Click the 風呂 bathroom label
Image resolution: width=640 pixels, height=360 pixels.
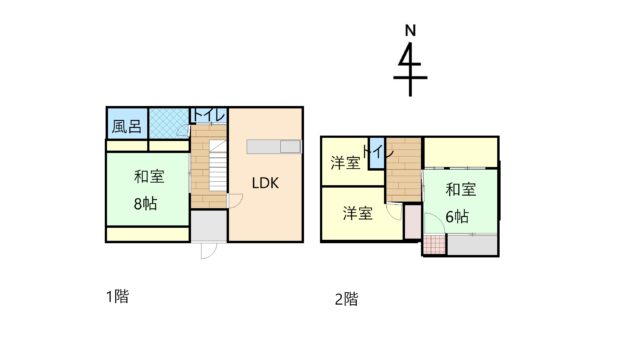pos(127,126)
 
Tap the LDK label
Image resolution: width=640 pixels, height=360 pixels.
pos(265,183)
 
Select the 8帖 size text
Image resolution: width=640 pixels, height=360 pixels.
pos(145,203)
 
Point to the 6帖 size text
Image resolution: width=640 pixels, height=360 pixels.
pos(457,216)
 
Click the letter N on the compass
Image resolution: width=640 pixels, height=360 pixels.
pos(410,30)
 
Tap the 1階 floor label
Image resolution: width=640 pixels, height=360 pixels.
pos(118,296)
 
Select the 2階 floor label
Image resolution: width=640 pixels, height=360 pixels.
pos(347,299)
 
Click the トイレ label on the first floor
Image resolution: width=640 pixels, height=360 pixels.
pos(209,115)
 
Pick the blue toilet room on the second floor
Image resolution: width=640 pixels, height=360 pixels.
pos(377,153)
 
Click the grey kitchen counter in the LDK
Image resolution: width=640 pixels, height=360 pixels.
pos(274,147)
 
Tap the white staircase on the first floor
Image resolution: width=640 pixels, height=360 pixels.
pos(218,165)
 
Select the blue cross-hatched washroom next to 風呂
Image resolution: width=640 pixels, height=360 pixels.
pos(169,123)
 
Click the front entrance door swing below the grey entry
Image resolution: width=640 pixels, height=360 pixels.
pos(209,250)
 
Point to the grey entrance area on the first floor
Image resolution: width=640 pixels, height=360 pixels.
pos(209,226)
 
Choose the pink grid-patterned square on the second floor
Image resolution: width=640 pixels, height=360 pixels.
pos(435,244)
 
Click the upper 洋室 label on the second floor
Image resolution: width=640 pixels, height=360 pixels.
pos(345,163)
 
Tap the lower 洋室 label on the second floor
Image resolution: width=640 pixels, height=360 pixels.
pos(358,213)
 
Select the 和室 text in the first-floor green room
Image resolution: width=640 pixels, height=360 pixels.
pos(149,176)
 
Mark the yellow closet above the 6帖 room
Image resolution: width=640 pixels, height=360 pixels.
pos(461,152)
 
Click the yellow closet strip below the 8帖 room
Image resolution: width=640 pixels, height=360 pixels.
pos(148,234)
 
